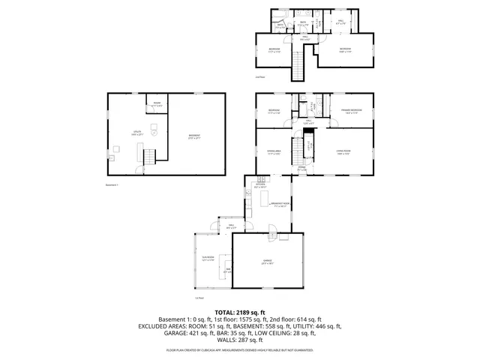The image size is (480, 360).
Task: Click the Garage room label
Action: (x=267, y=262)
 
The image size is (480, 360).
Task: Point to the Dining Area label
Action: (x=274, y=153)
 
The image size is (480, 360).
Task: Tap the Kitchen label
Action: (x=259, y=184)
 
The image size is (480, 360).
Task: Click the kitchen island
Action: (x=263, y=198)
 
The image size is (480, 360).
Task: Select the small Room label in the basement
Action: (x=157, y=104)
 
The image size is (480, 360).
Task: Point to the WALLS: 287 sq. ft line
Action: (x=240, y=341)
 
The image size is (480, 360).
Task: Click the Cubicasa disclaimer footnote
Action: (x=240, y=350)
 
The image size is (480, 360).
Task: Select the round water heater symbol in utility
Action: (x=153, y=130)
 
